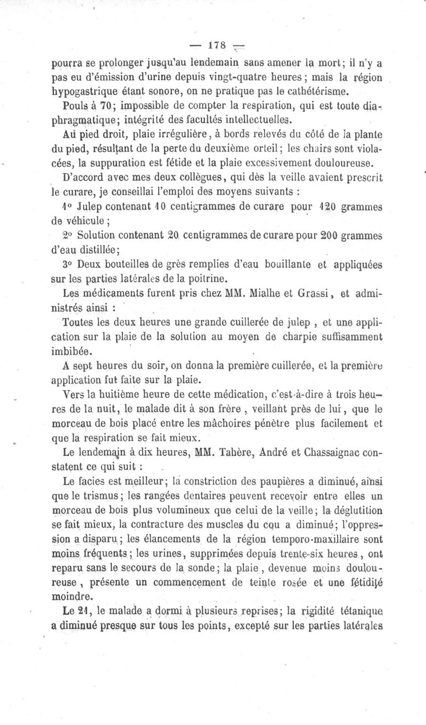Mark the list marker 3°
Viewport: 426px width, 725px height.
click(x=69, y=263)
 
